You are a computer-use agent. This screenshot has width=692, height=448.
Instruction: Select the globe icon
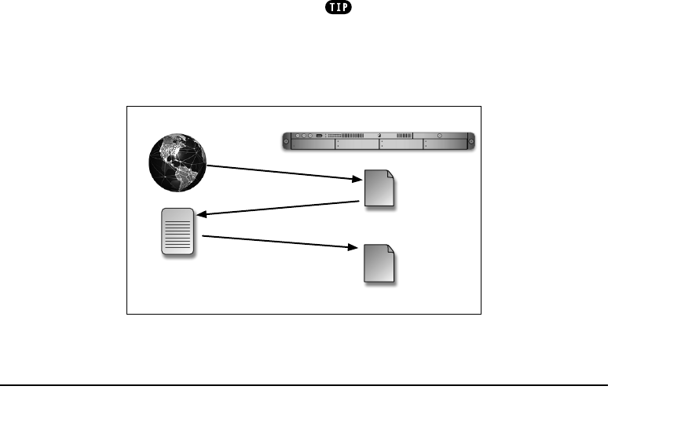[x=178, y=162]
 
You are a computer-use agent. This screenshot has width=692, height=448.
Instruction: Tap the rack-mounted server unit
[x=379, y=140]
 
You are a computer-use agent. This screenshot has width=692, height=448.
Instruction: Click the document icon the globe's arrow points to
[x=380, y=189]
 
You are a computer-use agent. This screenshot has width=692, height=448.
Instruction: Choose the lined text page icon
[x=178, y=231]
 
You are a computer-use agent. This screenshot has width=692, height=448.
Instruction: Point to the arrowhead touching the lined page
[x=201, y=213]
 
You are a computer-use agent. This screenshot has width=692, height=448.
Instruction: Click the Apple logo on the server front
[x=379, y=135]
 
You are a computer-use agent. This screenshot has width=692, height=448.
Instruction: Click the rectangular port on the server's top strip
[x=320, y=135]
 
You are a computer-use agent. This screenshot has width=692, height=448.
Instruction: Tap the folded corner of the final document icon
[x=390, y=249]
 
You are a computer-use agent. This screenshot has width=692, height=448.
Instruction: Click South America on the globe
[x=186, y=177]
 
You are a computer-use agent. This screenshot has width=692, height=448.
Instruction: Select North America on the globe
[x=171, y=151]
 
